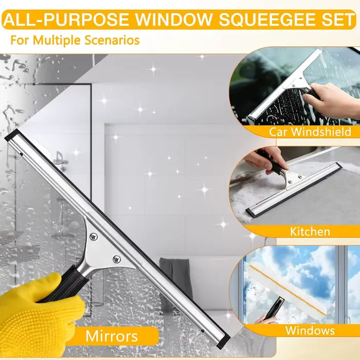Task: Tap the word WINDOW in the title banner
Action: [x=173, y=20]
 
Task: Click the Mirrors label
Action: [x=112, y=336]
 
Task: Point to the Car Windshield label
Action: [x=310, y=132]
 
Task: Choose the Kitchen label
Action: [x=310, y=231]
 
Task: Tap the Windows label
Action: [x=310, y=331]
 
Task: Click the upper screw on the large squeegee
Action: [x=94, y=236]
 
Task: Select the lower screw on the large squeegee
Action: [x=117, y=259]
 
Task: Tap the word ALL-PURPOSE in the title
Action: [x=66, y=20]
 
